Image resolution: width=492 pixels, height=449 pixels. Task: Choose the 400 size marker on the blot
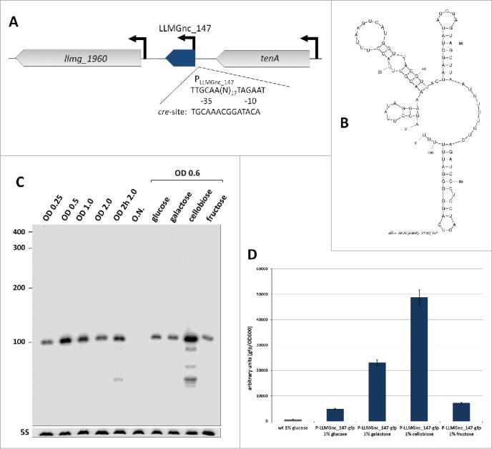click(19, 233)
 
